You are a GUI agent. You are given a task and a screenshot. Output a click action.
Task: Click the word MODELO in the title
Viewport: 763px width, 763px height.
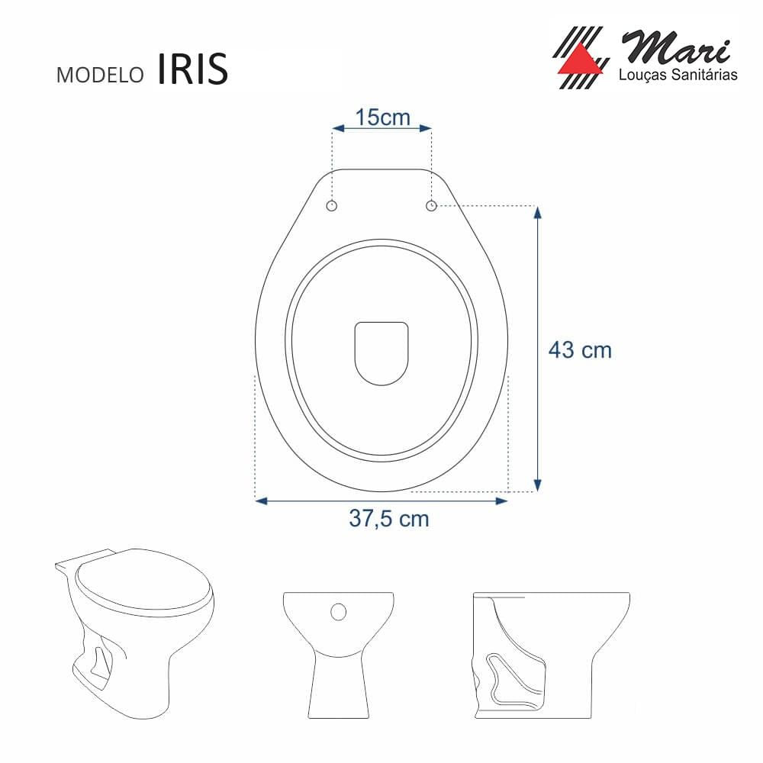click(100, 75)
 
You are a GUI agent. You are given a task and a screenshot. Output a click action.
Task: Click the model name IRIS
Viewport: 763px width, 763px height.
click(193, 69)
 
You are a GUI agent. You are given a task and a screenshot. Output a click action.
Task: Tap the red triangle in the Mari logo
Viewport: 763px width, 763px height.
click(579, 61)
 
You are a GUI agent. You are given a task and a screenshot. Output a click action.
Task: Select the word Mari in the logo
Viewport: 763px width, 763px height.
click(677, 47)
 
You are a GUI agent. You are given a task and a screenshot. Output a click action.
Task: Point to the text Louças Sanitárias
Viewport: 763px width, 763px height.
click(678, 75)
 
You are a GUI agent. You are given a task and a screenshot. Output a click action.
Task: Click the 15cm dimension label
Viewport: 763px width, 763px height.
click(382, 118)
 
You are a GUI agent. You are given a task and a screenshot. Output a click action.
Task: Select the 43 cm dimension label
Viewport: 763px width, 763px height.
click(580, 350)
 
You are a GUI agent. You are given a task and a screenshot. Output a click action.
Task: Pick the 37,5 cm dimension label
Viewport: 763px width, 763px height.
click(389, 518)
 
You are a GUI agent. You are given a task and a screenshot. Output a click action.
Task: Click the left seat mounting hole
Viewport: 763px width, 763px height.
click(332, 206)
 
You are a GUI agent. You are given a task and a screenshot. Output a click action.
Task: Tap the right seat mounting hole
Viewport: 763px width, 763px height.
click(431, 206)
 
